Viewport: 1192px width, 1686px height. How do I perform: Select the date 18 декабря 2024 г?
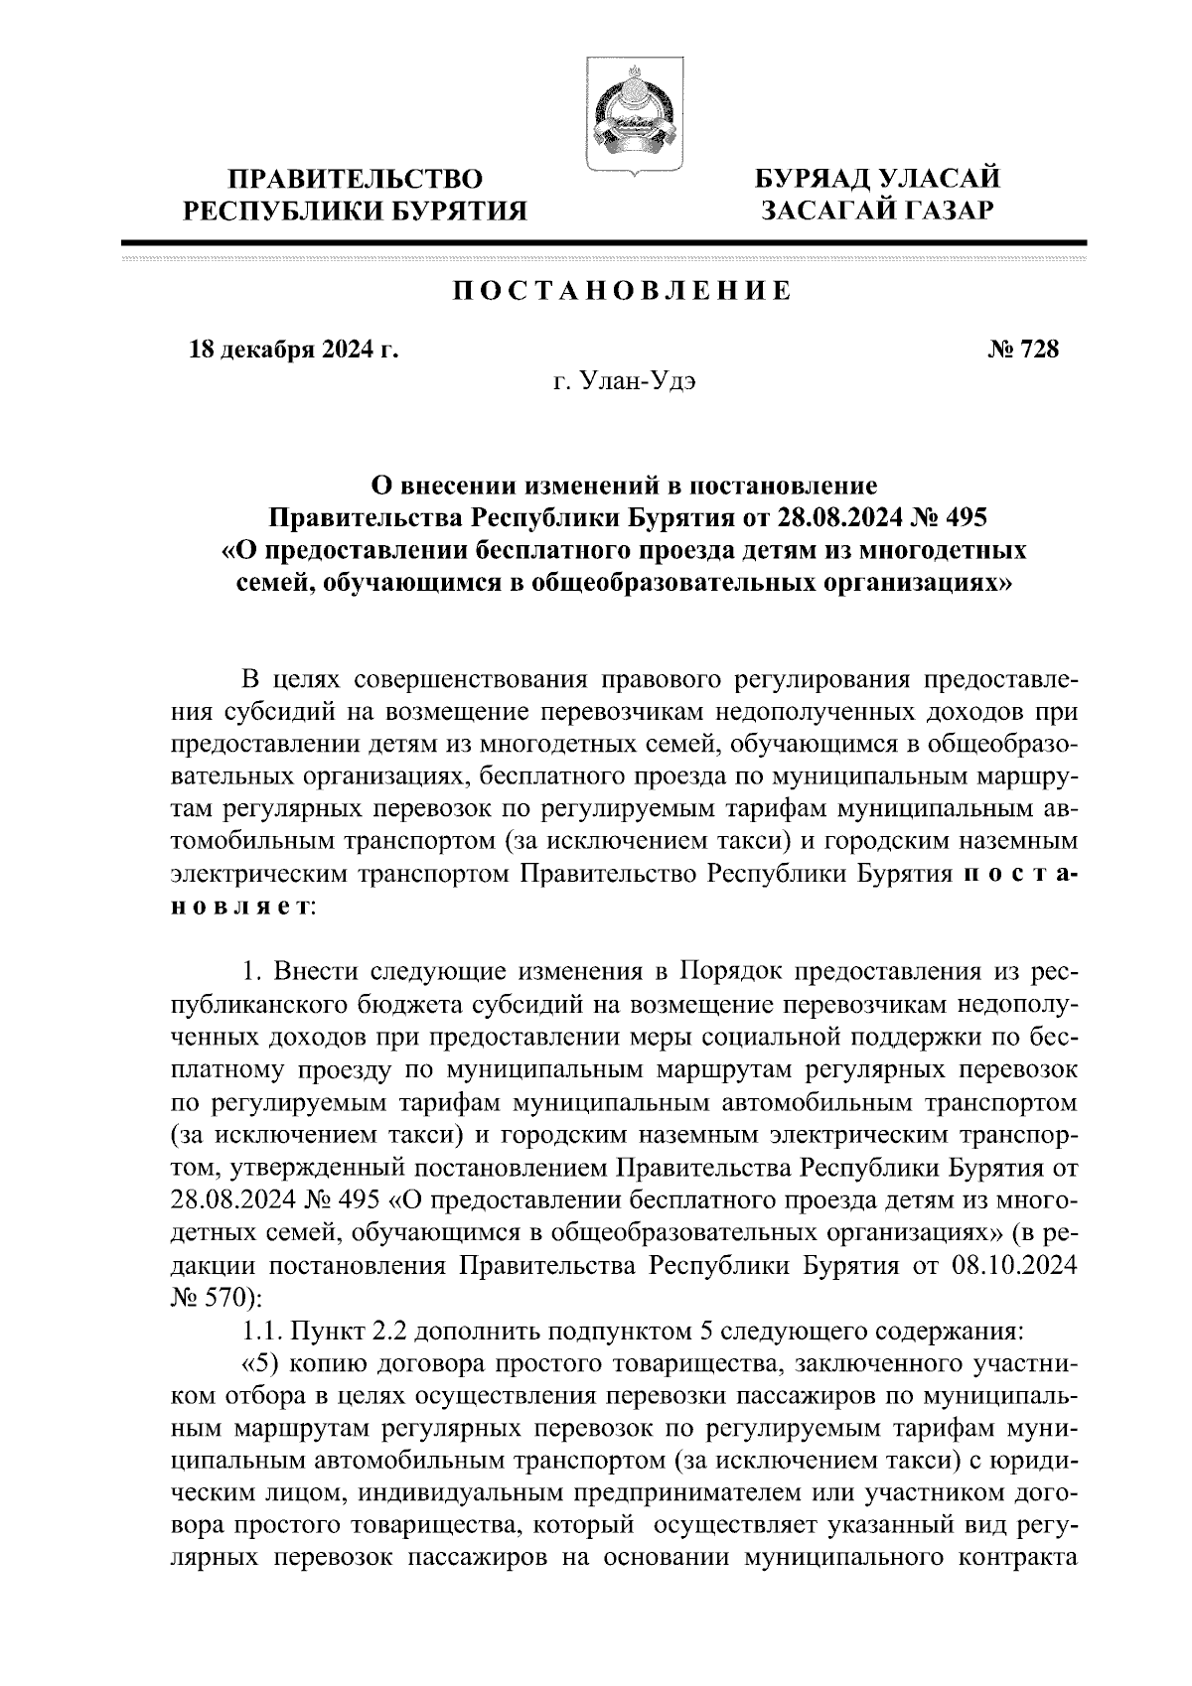(x=292, y=350)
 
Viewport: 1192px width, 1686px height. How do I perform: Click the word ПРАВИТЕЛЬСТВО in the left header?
(x=356, y=180)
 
